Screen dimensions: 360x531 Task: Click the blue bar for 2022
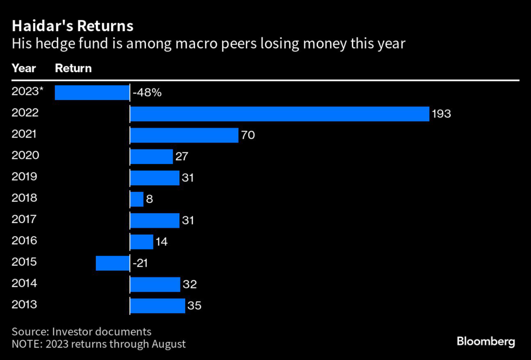tap(279, 114)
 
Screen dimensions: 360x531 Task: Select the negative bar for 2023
tap(92, 92)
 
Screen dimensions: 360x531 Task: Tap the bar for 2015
tap(113, 262)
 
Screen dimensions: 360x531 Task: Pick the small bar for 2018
tap(136, 199)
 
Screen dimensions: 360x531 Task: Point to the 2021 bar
tap(184, 135)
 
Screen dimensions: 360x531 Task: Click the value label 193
tap(441, 114)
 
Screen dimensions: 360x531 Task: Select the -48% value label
tap(147, 93)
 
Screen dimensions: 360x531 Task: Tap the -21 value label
tap(141, 263)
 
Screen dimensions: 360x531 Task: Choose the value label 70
tap(248, 135)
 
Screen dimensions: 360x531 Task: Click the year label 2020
tap(25, 155)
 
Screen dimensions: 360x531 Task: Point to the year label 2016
tap(25, 240)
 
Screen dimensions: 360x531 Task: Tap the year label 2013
tap(25, 304)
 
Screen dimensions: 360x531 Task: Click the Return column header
tap(73, 68)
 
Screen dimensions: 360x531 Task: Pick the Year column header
tap(24, 68)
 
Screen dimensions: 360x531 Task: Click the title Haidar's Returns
tap(73, 26)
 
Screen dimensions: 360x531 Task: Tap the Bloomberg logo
tap(485, 341)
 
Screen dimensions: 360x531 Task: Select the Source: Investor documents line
tap(81, 331)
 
